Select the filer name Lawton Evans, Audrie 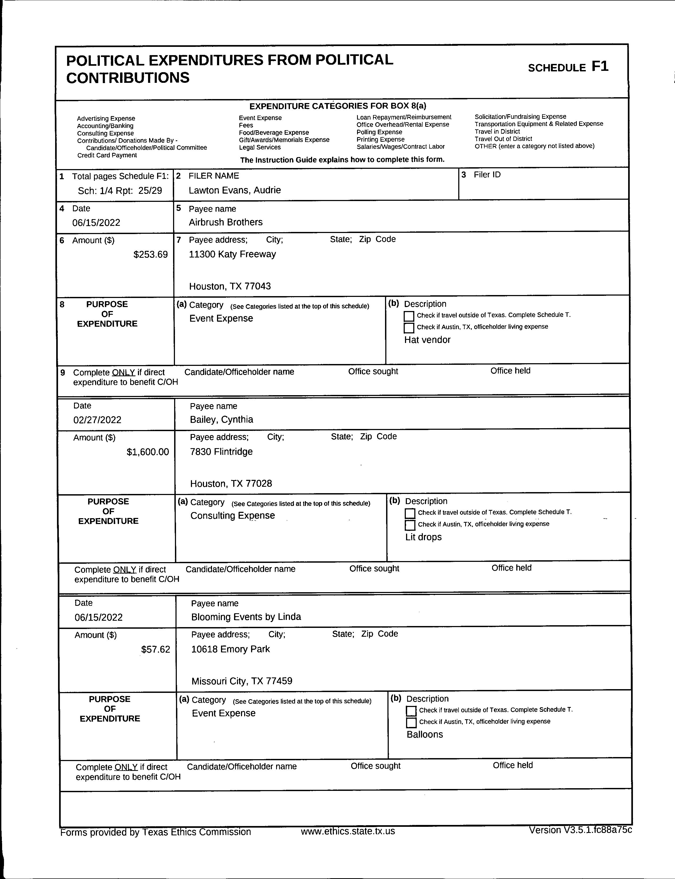tap(235, 190)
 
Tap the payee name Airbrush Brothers tap(226, 222)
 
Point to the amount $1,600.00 tap(148, 452)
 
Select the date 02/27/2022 tap(97, 420)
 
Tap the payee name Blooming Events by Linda tap(246, 617)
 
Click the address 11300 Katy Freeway tap(232, 254)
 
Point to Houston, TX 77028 tap(231, 484)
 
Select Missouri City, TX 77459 tap(242, 681)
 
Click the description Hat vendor tap(427, 340)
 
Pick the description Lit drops tap(423, 537)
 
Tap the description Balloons tap(425, 734)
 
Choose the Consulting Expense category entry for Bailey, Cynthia tap(233, 516)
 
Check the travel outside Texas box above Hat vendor tap(409, 316)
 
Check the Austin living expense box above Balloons tap(411, 723)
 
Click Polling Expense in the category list tap(379, 132)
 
